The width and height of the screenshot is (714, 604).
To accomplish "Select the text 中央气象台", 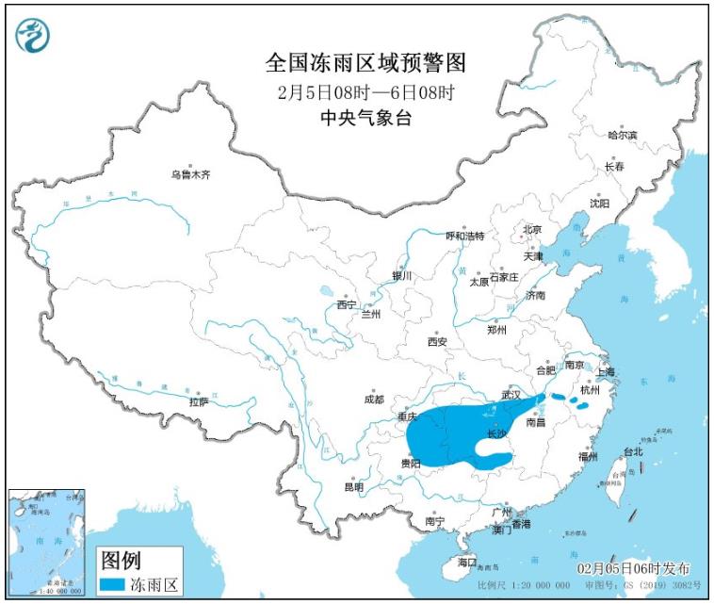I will click(366, 118).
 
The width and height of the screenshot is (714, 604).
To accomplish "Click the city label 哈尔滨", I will click(623, 136).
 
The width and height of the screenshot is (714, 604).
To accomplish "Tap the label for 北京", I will click(532, 229).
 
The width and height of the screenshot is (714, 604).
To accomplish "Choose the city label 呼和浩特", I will click(464, 236).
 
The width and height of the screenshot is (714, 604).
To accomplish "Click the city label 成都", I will click(373, 399).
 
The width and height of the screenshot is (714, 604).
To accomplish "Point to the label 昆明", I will click(353, 486).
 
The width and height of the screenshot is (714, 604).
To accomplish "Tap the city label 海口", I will click(468, 562).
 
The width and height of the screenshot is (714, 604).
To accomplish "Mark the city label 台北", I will click(633, 451).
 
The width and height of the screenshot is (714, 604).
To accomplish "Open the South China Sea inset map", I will click(46, 542).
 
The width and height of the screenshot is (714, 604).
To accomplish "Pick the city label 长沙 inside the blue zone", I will click(495, 434).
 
